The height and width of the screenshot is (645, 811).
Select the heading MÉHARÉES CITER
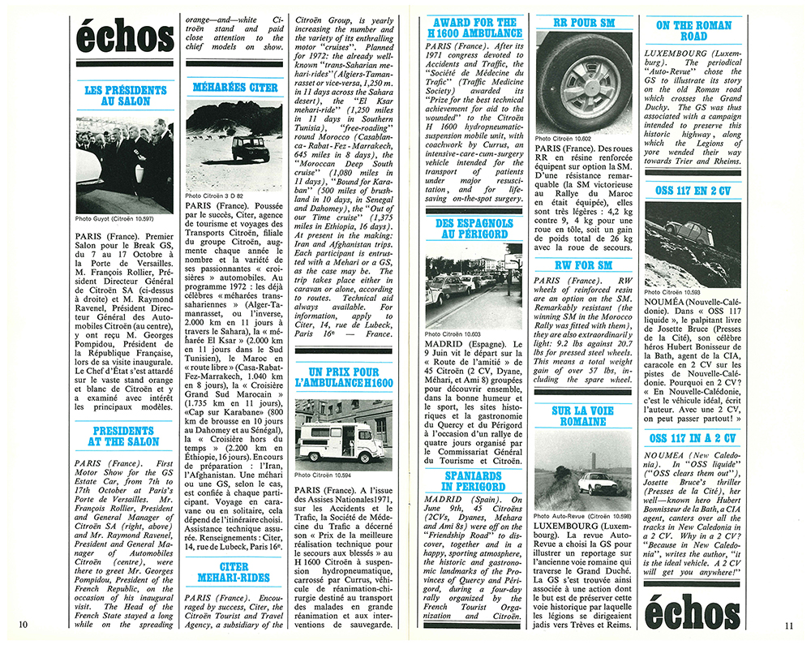click(x=234, y=87)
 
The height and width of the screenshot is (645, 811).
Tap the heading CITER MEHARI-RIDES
click(x=234, y=573)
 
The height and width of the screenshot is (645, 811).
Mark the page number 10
click(x=23, y=623)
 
